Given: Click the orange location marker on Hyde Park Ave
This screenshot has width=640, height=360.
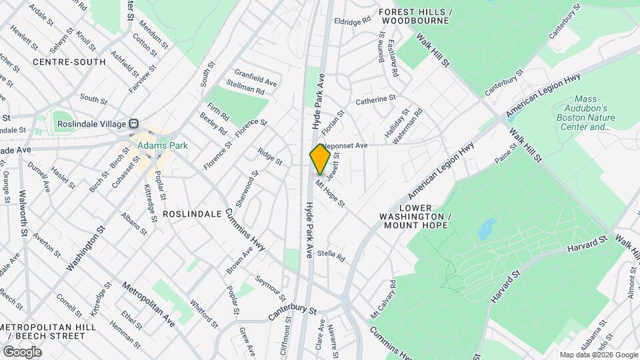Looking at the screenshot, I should [x=320, y=159].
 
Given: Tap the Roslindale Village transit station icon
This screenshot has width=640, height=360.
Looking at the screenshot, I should [x=134, y=123].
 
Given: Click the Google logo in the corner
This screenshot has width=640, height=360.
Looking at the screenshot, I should [x=22, y=351].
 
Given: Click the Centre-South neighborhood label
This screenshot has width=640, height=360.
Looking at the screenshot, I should [x=69, y=62].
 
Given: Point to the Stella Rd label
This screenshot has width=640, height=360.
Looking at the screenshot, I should [x=331, y=255].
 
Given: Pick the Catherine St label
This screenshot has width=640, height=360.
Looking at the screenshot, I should [x=375, y=100].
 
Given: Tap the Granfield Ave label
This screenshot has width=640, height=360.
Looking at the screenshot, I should [x=255, y=77].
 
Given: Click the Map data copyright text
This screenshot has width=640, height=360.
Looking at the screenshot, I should [x=598, y=355].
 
